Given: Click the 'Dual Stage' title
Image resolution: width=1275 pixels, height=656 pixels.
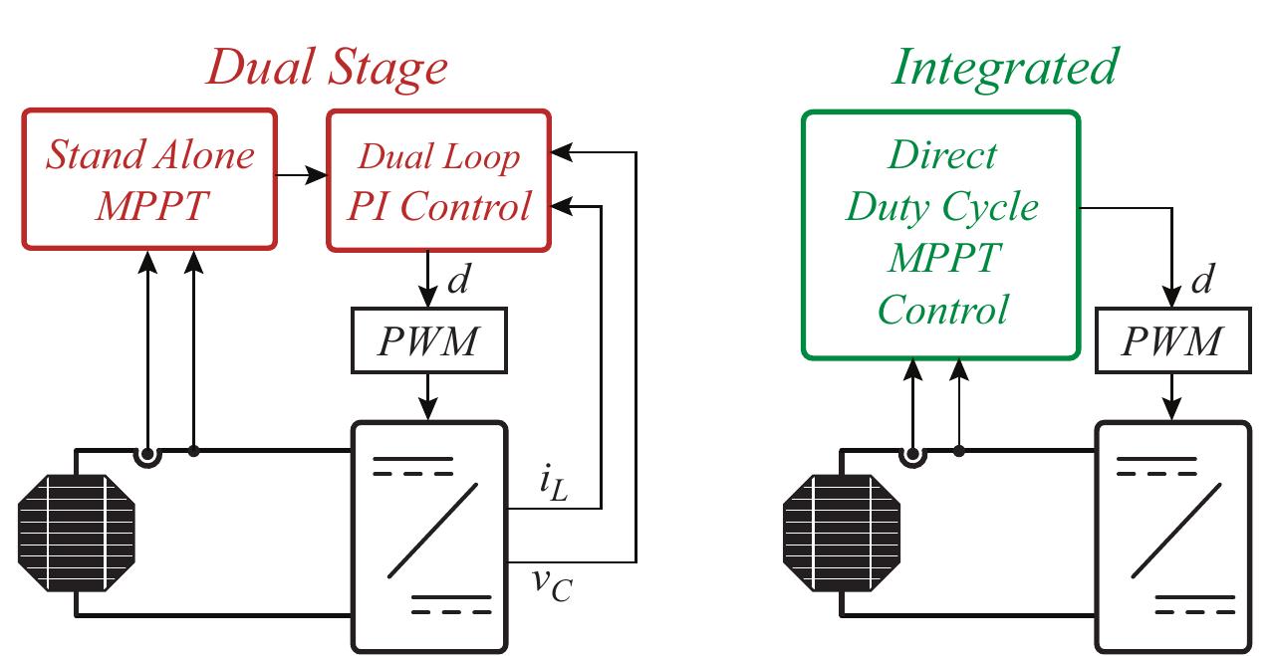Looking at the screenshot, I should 329,68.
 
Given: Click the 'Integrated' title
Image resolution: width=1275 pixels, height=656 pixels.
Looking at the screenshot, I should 1004,67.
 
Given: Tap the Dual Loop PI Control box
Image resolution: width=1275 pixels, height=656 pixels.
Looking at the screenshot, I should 439,179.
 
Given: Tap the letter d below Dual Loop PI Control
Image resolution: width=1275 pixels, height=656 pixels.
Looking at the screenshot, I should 459,282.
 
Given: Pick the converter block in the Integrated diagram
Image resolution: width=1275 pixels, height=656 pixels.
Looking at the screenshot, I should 1173,536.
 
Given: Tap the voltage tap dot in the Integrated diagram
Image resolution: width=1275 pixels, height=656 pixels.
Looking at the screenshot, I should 958,451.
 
